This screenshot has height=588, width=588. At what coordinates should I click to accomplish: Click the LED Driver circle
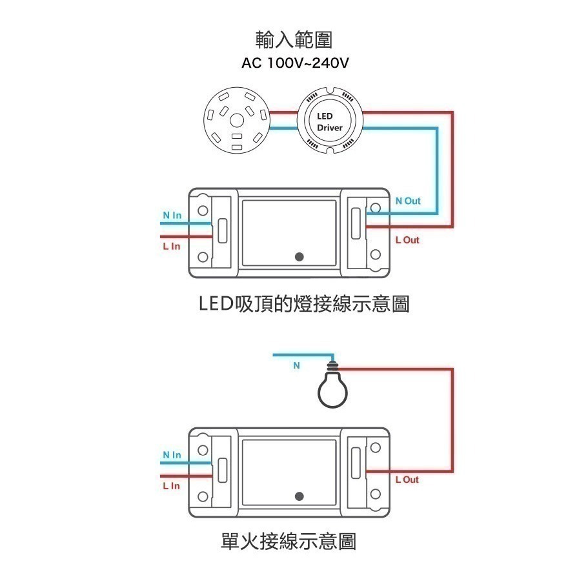pos(330,123)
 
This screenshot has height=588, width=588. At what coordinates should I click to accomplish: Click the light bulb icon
pos(332,387)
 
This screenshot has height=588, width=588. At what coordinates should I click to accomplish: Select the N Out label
pos(407,201)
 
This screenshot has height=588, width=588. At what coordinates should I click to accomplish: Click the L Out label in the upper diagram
pos(407,239)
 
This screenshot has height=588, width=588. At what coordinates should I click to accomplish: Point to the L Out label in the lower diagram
pos(407,480)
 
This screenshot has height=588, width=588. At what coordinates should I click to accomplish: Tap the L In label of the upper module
pos(171,246)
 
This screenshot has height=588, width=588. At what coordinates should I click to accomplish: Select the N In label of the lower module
pos(172,455)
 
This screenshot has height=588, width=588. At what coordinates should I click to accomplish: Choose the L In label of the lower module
pos(171,486)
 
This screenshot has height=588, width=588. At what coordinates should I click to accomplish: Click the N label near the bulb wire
pos(297,365)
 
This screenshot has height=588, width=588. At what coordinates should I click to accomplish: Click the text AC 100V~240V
pos(294,63)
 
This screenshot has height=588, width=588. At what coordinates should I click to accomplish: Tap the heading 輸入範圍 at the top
pos(294,41)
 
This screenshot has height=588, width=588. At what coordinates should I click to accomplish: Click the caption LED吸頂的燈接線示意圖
pos(303,303)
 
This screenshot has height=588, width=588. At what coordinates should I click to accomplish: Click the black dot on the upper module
pos(299,256)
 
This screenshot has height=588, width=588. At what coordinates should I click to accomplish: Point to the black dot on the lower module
pos(299,496)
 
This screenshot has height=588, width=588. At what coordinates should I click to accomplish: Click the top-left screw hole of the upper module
pos(203,210)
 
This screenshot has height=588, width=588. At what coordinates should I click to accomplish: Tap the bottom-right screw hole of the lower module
pos(374,496)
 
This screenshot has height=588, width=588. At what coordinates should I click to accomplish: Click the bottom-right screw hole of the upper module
pos(374,257)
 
